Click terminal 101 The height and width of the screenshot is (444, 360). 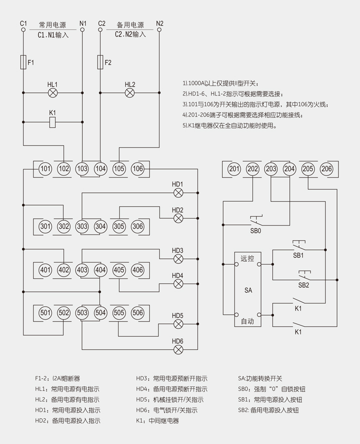point(45,169)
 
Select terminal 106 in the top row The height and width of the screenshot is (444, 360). point(137,169)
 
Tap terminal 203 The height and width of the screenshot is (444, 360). point(271,169)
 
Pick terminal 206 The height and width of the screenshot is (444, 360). point(326,169)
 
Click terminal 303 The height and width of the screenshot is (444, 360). point(82,226)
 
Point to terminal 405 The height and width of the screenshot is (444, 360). point(119,270)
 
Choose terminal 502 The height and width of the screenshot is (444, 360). point(63,312)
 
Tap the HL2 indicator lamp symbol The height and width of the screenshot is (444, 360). point(130,92)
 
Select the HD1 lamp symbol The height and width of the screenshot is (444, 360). point(178,192)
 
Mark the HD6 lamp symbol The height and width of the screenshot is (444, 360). point(178,349)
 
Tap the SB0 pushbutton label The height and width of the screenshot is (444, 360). point(255,231)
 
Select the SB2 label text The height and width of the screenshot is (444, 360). point(303,285)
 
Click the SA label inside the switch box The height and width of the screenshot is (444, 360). point(248,290)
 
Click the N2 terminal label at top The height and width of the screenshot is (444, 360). point(159,23)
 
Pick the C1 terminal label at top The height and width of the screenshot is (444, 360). point(23,23)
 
